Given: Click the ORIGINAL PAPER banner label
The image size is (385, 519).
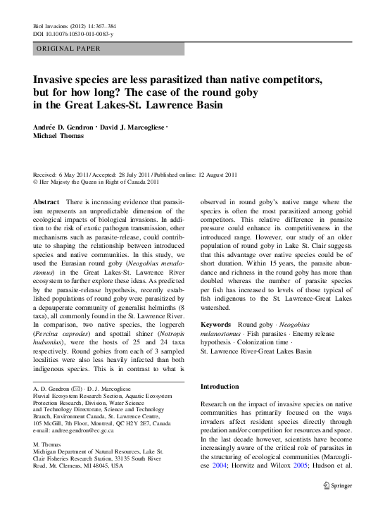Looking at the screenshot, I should [68, 49].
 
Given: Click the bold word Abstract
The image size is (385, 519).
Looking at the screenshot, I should [46, 202].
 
